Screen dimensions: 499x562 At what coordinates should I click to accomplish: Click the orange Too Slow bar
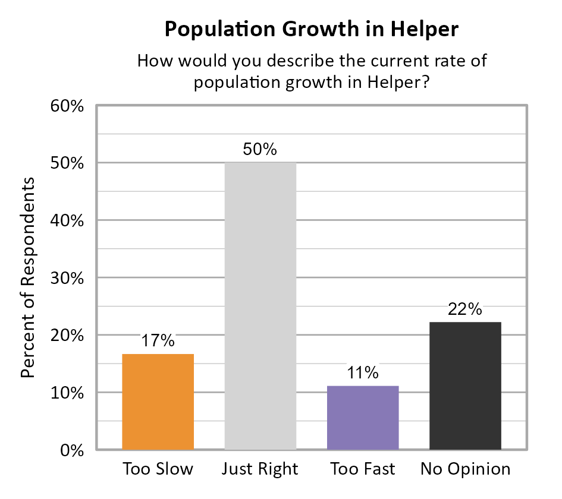158,402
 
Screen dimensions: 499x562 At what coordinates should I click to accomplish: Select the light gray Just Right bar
260,306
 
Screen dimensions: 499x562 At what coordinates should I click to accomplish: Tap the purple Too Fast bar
363,418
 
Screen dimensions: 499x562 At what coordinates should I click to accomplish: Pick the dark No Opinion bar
465,386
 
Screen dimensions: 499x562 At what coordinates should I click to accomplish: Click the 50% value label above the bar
260,150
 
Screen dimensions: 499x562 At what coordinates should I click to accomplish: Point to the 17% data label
158,341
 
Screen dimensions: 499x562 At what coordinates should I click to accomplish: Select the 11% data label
363,373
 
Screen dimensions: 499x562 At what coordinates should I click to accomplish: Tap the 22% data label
465,309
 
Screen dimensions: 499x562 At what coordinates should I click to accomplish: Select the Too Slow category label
158,469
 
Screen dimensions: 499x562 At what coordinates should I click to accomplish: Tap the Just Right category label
260,469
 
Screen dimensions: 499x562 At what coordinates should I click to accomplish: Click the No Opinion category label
465,469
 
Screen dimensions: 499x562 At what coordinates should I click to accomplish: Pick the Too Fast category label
363,469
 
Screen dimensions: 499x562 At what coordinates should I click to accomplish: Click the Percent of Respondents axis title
27,277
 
